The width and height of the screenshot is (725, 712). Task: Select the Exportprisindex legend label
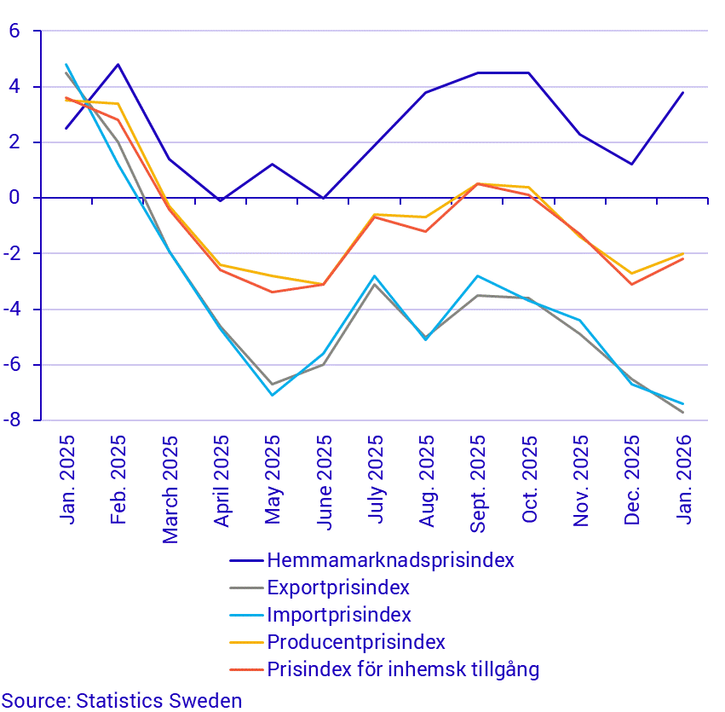click(x=338, y=588)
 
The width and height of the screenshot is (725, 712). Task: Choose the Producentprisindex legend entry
click(x=356, y=642)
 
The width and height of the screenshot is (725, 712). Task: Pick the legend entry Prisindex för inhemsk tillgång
click(x=403, y=669)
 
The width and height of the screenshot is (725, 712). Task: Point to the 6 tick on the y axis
click(x=14, y=32)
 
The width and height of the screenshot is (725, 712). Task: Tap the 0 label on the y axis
click(x=14, y=198)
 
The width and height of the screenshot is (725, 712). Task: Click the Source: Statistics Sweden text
click(x=122, y=701)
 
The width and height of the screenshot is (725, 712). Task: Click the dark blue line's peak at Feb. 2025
click(x=118, y=64)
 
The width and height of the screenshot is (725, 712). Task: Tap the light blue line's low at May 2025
click(x=273, y=395)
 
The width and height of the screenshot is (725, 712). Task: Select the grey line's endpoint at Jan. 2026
click(x=683, y=413)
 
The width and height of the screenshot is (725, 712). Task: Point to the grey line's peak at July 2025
click(x=375, y=284)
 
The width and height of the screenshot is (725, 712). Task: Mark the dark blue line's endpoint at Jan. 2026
click(x=683, y=92)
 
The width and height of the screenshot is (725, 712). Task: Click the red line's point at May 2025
click(x=273, y=292)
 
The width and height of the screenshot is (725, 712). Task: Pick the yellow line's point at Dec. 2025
click(x=631, y=274)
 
